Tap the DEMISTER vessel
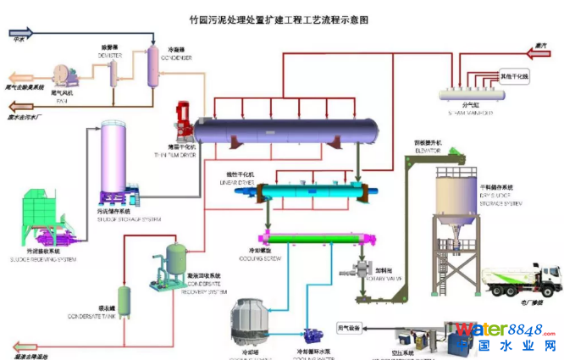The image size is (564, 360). (111, 69)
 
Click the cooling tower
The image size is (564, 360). (253, 326)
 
